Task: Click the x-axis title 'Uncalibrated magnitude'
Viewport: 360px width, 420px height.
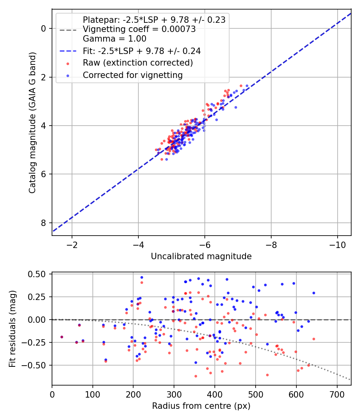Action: click(201, 256)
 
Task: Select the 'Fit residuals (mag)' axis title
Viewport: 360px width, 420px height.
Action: click(12, 329)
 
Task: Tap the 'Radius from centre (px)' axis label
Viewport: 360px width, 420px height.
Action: click(201, 406)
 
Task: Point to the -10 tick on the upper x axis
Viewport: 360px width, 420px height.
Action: click(337, 244)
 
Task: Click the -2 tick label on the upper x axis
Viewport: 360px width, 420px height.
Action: click(72, 244)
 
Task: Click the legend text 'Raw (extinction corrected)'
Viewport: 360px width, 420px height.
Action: click(138, 63)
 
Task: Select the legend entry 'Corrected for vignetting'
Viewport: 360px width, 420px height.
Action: click(132, 75)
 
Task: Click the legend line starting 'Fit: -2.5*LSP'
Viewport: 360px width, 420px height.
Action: click(142, 51)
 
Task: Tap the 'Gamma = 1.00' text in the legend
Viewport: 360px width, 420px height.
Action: click(114, 39)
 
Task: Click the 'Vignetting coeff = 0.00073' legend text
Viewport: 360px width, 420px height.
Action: click(139, 29)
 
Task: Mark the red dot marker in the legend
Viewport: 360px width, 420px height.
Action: click(68, 63)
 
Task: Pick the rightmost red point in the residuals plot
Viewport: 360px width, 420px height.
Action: click(314, 339)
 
